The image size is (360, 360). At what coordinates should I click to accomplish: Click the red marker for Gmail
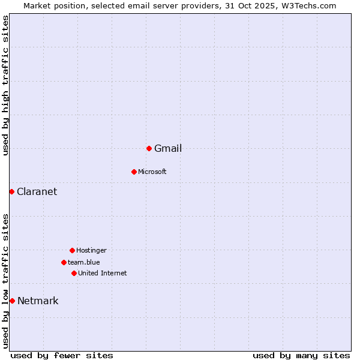149,148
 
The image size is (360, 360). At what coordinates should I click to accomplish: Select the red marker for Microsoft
134,172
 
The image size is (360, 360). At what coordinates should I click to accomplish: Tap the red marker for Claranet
11,191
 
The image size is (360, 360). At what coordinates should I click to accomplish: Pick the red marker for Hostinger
72,250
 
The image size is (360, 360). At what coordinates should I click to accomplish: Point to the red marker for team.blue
64,262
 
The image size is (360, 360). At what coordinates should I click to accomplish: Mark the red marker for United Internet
74,273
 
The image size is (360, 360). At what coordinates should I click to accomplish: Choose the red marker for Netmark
12,301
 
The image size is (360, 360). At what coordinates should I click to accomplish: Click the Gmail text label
168,149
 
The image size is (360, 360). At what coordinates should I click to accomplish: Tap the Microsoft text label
152,172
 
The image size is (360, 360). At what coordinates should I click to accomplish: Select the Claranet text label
37,192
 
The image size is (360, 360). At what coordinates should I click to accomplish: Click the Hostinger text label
91,250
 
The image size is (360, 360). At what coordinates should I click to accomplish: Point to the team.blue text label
84,262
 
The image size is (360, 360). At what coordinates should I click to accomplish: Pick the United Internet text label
103,273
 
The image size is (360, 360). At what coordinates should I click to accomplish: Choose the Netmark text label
38,301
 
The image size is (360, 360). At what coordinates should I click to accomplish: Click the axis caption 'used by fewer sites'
62,355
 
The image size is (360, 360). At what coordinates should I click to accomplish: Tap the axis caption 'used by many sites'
301,355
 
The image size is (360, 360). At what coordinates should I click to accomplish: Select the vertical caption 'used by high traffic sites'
6,86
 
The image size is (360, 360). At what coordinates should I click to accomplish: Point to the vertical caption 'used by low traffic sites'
6,281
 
